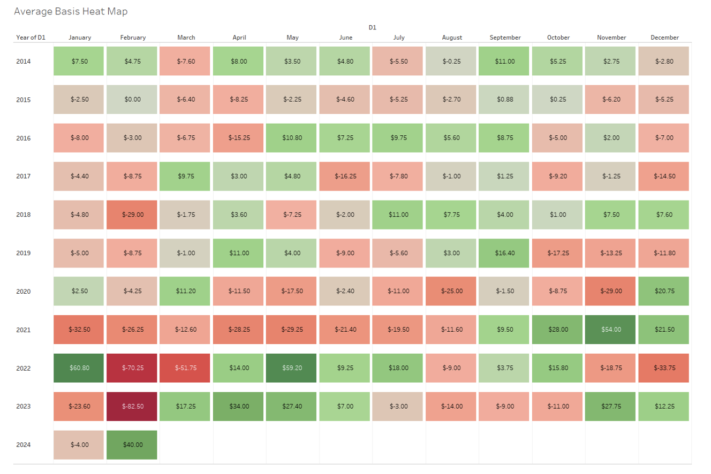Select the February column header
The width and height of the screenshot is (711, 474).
coord(133,37)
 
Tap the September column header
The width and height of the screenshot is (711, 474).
coord(505,37)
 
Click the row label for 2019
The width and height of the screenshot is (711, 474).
coord(24,253)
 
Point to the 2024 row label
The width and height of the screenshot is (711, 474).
coord(24,445)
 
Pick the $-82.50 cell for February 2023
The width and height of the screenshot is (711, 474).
coord(133,407)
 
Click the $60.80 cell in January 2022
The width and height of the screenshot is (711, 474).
coord(80,368)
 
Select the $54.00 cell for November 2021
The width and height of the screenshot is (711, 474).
coord(611,330)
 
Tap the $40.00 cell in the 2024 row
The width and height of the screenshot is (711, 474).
coord(133,445)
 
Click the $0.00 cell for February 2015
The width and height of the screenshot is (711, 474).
coord(133,100)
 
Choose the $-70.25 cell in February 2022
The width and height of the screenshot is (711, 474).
coord(133,368)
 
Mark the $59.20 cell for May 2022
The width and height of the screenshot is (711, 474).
coord(292,368)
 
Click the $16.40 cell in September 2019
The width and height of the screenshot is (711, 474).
coord(505,253)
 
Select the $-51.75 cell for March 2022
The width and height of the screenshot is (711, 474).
coord(186,368)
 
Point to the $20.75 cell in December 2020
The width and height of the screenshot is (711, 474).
coord(664,292)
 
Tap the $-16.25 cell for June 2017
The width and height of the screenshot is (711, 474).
coord(345,177)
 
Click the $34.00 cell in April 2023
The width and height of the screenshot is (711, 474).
coord(239,407)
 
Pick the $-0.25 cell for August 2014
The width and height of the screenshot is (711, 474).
coord(452,62)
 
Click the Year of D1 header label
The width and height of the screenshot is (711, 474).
coord(31,37)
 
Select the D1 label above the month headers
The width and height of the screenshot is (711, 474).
coord(372,27)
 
